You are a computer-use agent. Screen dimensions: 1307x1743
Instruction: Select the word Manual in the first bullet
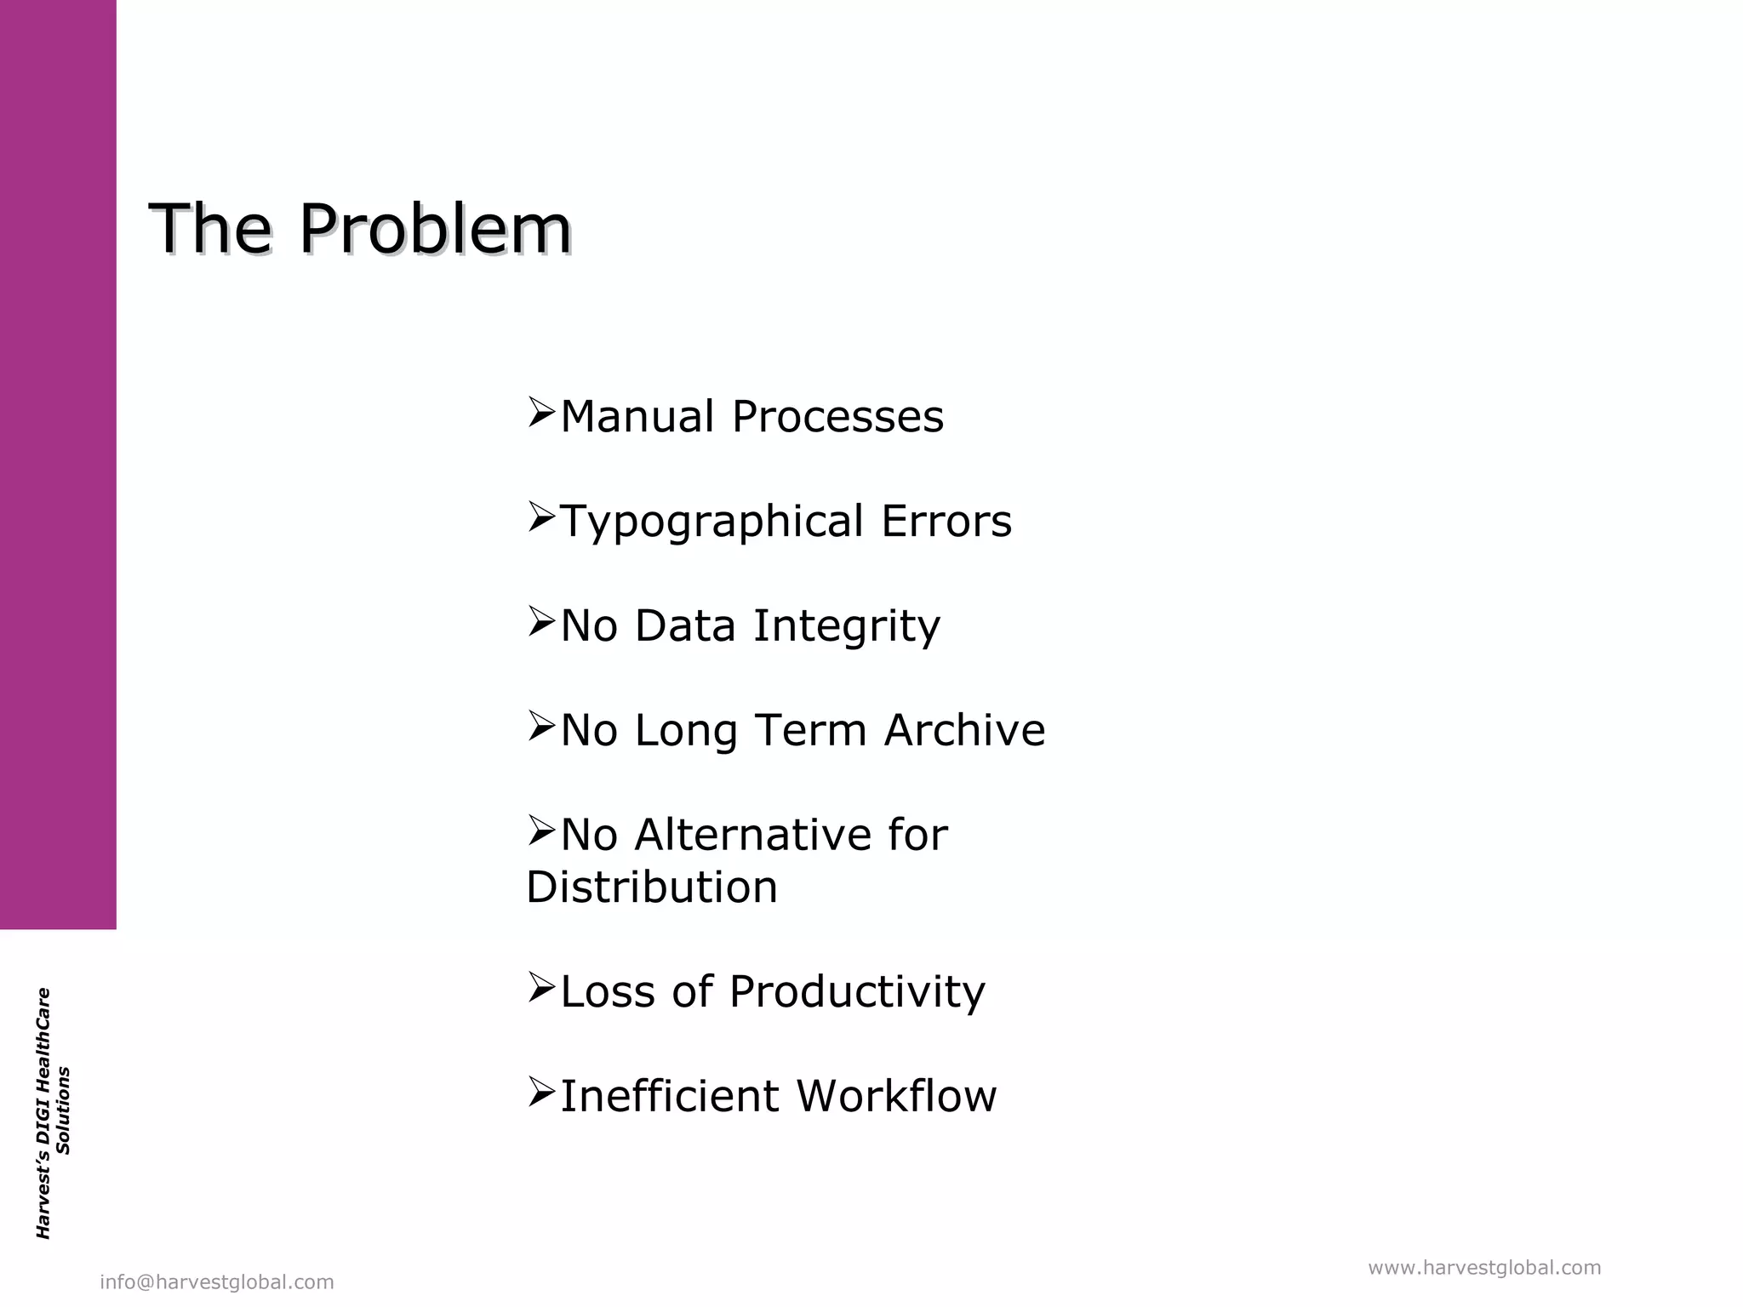637,417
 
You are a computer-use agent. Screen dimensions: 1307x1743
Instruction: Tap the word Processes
837,417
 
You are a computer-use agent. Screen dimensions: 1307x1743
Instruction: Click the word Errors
946,521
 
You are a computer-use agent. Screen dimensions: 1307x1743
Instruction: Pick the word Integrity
847,627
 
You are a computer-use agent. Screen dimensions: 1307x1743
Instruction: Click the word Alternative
753,835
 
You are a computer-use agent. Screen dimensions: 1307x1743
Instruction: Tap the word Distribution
652,888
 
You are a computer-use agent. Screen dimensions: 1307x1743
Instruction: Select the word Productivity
857,992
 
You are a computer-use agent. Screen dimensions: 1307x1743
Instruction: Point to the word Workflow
897,1096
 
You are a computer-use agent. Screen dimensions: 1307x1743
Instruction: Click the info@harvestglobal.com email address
217,1282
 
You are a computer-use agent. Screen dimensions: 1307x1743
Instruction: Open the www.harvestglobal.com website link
1484,1268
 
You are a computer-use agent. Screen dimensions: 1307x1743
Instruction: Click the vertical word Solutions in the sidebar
64,1110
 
